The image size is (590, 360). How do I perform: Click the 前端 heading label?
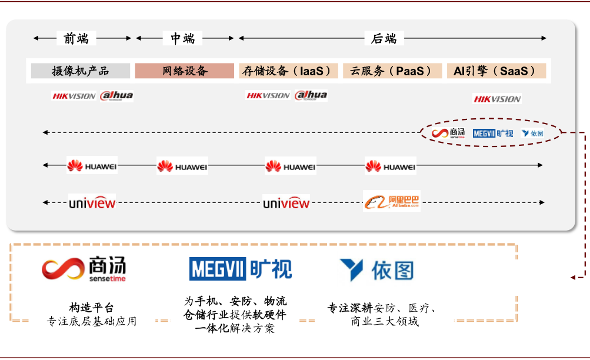[76, 39]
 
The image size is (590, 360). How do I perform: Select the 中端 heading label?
[183, 39]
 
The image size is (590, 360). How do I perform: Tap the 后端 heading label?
[384, 39]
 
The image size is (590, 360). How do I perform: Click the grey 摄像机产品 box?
[81, 71]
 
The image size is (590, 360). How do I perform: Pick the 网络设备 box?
[185, 71]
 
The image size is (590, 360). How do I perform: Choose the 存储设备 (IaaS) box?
[289, 71]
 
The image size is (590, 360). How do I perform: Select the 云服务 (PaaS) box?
[392, 71]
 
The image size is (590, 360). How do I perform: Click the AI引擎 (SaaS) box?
[496, 71]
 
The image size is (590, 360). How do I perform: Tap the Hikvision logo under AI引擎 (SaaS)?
[497, 99]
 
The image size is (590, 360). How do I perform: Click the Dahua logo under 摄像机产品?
[116, 96]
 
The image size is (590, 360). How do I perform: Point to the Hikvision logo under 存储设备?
[268, 95]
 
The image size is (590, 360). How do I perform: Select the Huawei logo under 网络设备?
[182, 166]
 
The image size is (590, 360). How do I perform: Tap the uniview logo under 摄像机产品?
[92, 203]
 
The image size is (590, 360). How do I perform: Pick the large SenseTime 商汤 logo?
[84, 269]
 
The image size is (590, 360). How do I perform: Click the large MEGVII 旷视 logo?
[240, 269]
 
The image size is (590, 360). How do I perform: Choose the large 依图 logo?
[376, 270]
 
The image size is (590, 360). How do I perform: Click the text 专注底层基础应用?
[91, 321]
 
